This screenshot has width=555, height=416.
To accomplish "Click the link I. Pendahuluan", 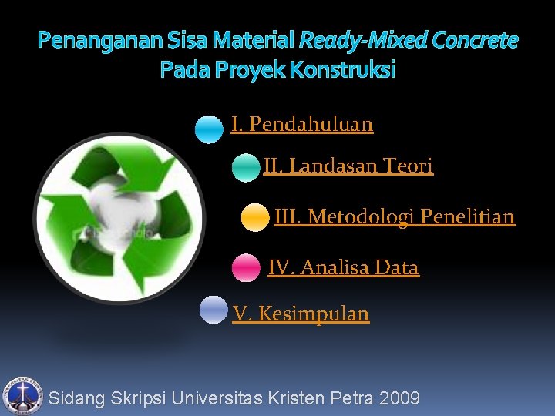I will tap(301, 124).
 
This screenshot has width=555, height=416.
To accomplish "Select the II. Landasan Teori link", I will tap(348, 166).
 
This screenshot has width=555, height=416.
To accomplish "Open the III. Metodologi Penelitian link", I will tap(394, 217).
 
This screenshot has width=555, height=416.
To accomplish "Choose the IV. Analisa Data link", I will tap(343, 268).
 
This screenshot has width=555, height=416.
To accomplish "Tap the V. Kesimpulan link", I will tap(301, 314).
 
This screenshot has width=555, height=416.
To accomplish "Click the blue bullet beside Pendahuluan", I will tap(208, 129).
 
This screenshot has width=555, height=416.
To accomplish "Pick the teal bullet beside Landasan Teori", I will tap(246, 168).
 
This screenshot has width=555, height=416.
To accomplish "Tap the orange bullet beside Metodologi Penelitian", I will tap(254, 218).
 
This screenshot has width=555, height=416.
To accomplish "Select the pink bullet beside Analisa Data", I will tap(246, 268).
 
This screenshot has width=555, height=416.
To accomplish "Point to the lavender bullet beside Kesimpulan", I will tap(213, 310).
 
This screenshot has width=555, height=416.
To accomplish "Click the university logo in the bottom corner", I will tap(22, 396).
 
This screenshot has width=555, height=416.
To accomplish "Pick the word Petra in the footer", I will tap(351, 398).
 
